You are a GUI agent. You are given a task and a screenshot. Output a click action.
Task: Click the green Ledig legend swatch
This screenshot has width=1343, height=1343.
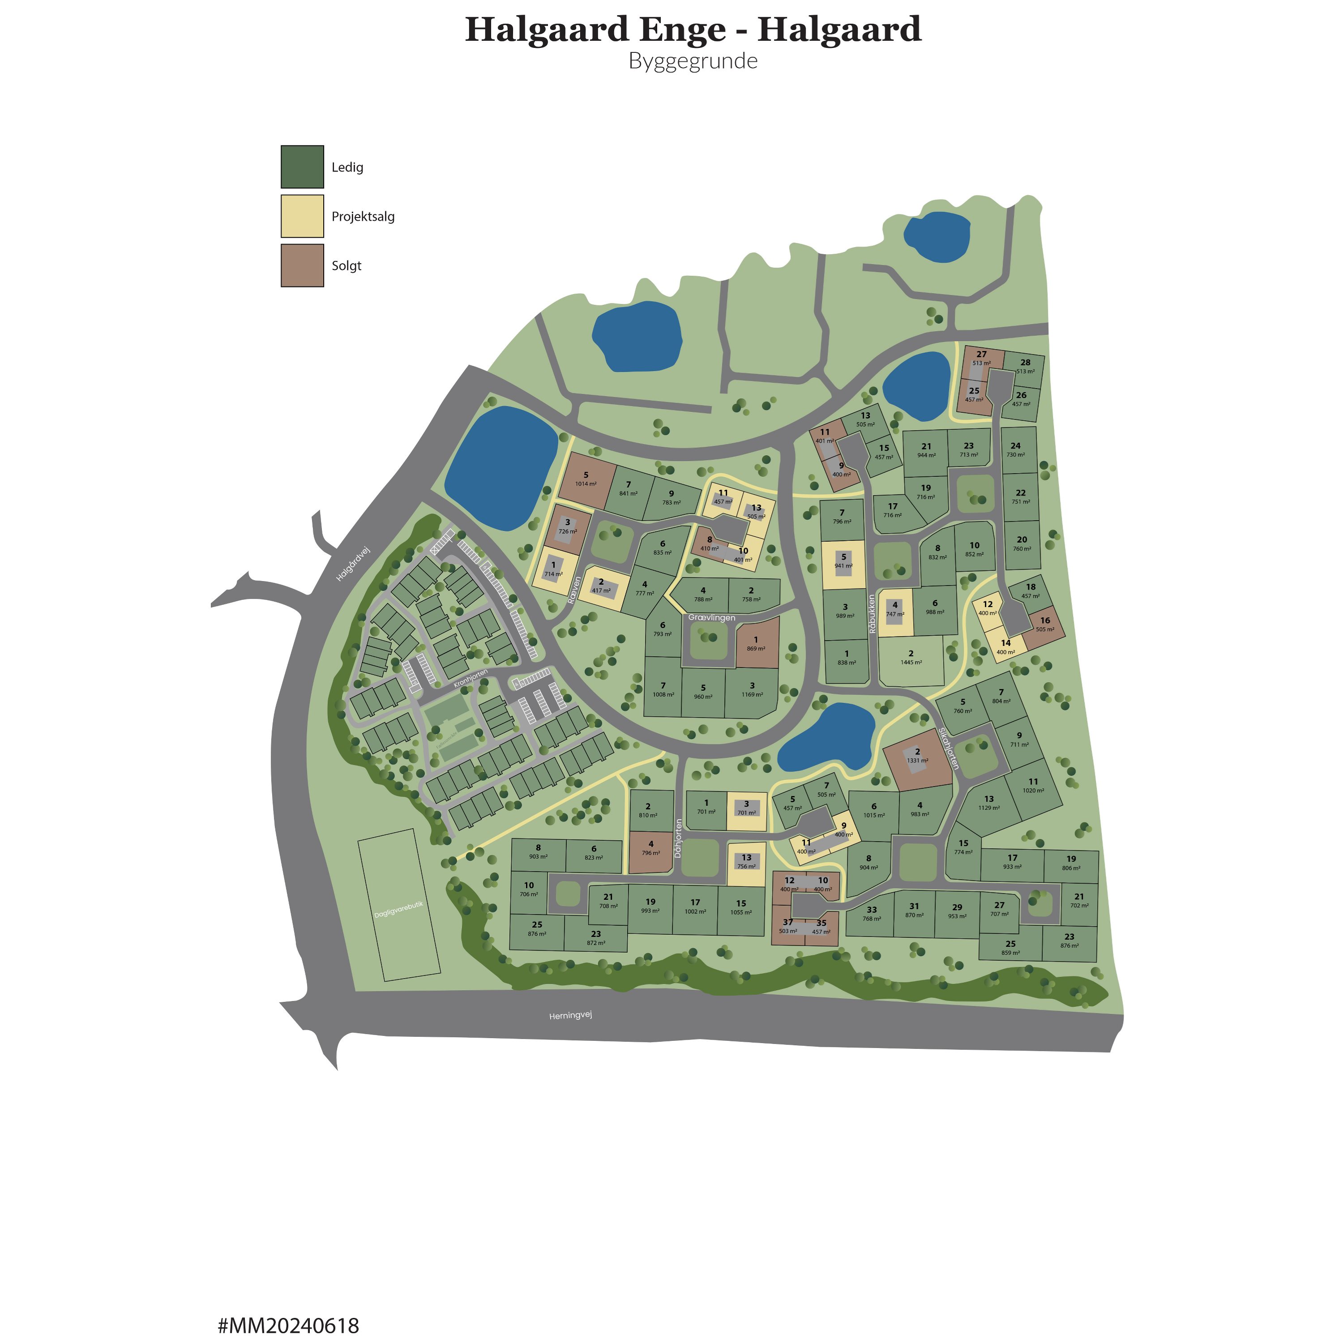pyautogui.click(x=302, y=167)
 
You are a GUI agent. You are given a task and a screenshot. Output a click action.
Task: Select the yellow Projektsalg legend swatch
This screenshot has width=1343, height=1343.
pyautogui.click(x=302, y=216)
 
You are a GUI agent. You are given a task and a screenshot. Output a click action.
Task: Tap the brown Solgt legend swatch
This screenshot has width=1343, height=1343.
pyautogui.click(x=302, y=265)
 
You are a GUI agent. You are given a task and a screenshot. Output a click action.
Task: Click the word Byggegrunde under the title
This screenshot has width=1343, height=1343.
pyautogui.click(x=693, y=61)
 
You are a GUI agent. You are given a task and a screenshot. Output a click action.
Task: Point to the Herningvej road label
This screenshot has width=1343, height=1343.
pyautogui.click(x=570, y=1016)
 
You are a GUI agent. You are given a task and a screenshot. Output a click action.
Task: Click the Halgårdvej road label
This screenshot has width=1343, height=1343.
pyautogui.click(x=353, y=565)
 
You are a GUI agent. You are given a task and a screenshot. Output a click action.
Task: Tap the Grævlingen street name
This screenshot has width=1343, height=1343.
pyautogui.click(x=711, y=617)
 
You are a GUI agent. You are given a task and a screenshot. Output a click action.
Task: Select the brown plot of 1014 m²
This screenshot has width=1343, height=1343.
pyautogui.click(x=586, y=479)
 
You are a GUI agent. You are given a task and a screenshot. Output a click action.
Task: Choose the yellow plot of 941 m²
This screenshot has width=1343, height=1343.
pyautogui.click(x=844, y=562)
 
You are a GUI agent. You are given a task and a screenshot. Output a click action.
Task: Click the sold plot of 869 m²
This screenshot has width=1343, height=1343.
pyautogui.click(x=756, y=644)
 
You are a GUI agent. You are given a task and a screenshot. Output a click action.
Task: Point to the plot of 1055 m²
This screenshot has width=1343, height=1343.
pyautogui.click(x=741, y=908)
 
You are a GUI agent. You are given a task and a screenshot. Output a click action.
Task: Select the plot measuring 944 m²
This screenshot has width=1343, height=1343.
pyautogui.click(x=926, y=450)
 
